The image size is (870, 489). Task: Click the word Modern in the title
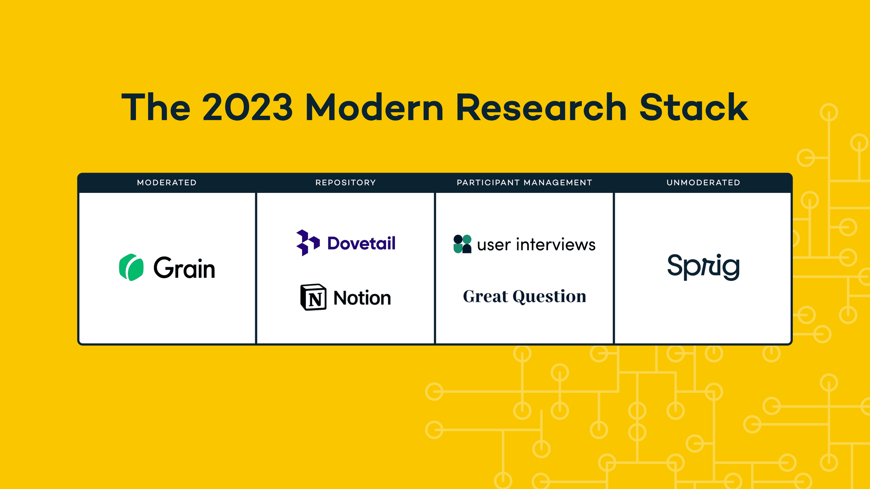point(375,107)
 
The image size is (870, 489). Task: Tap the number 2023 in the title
point(247,107)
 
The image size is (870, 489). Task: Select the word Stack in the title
point(694,107)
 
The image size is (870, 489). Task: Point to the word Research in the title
point(541,107)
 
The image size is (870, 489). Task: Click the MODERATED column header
point(167,183)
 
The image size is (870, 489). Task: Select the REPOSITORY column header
point(346,183)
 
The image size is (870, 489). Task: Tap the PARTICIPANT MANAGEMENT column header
point(524,183)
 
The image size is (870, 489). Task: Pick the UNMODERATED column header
point(703,183)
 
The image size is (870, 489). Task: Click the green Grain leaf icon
point(131,267)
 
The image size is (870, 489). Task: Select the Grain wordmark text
point(184,268)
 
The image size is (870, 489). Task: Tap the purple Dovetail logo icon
point(308,243)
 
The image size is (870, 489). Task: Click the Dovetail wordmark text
point(361,243)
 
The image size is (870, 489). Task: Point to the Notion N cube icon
point(313,297)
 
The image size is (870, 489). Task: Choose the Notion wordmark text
point(362,298)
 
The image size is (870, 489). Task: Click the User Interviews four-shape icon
point(463,244)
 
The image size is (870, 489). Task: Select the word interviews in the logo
point(556,244)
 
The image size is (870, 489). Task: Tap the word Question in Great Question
point(550,296)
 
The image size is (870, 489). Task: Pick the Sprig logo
point(703,267)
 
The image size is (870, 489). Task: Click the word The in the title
point(155,107)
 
